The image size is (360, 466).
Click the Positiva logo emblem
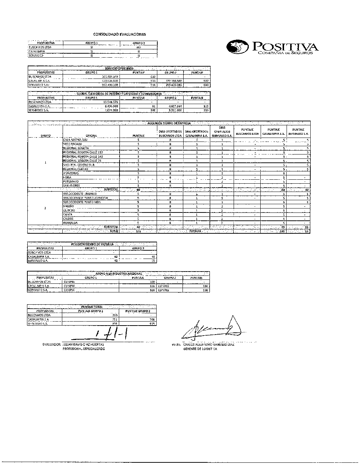point(238,47)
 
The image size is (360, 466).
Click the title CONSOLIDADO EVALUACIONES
point(120,35)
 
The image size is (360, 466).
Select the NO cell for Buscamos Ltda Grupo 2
point(139,47)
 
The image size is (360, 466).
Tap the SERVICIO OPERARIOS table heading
point(119,68)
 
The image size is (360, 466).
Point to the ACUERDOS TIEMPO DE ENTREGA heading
point(169,123)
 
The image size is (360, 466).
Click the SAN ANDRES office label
point(72,185)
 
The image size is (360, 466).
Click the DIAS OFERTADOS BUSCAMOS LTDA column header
point(170,134)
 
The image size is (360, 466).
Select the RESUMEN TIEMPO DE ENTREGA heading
point(92,244)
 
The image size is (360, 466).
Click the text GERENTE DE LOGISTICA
point(200,349)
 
